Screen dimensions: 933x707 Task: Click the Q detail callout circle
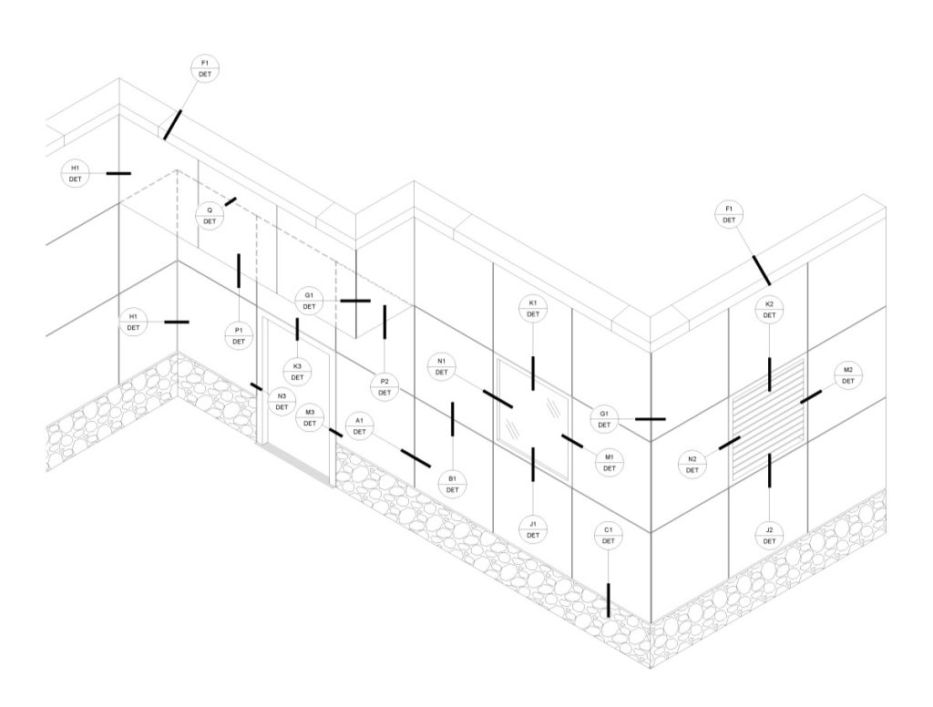[210, 216]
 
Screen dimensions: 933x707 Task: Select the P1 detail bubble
[239, 335]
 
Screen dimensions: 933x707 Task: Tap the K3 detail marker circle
[298, 372]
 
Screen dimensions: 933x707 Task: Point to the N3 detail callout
[282, 401]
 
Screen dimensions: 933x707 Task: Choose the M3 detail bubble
[310, 418]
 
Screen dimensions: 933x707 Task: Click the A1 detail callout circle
[359, 426]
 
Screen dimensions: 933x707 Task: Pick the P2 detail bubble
[384, 387]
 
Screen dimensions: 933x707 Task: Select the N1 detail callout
[442, 366]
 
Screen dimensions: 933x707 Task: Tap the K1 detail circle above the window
[533, 308]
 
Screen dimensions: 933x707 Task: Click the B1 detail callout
[452, 484]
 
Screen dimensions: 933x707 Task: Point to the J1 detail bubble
[533, 529]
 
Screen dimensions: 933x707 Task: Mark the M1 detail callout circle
[610, 463]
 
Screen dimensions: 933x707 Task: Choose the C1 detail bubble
[608, 535]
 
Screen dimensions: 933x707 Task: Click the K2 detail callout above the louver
[769, 310]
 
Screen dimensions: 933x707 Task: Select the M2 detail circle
[848, 375]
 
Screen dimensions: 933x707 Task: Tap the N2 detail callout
[692, 464]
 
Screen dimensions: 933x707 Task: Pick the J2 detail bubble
[769, 535]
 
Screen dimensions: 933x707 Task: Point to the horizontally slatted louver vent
[768, 419]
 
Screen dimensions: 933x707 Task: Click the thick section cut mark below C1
[608, 599]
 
